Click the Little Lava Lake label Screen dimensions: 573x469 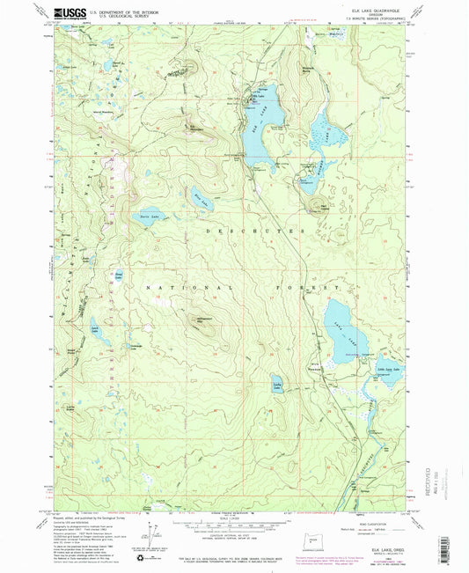[x=385, y=368]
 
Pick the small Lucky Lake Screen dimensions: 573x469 [x=275, y=386]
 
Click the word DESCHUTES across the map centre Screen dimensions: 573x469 [x=260, y=231]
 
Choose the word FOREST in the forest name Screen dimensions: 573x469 [x=320, y=288]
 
